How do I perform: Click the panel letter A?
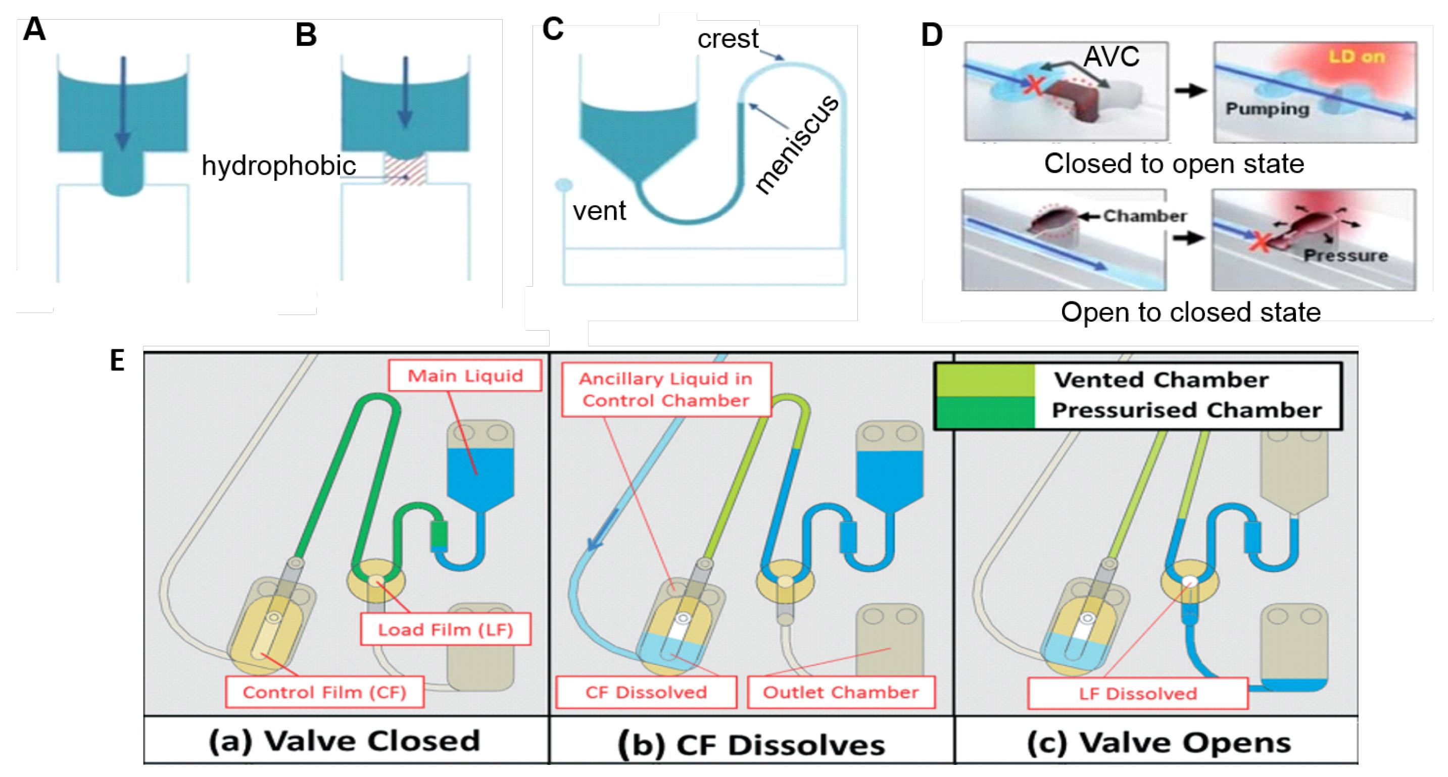34,29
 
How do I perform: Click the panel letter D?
932,35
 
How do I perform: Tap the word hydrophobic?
279,166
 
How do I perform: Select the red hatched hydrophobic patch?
405,170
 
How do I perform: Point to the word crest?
728,39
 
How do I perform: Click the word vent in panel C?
599,211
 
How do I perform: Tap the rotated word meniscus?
797,144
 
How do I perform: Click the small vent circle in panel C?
563,185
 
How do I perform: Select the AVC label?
1112,56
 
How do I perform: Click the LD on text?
1357,57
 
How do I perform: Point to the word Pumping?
1268,109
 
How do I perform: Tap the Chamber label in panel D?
1145,216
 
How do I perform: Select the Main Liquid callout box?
465,375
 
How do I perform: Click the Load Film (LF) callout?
446,629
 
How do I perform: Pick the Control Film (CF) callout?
324,692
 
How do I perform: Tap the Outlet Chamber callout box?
841,692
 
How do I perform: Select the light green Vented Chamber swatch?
985,380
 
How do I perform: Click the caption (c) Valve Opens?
1159,743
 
